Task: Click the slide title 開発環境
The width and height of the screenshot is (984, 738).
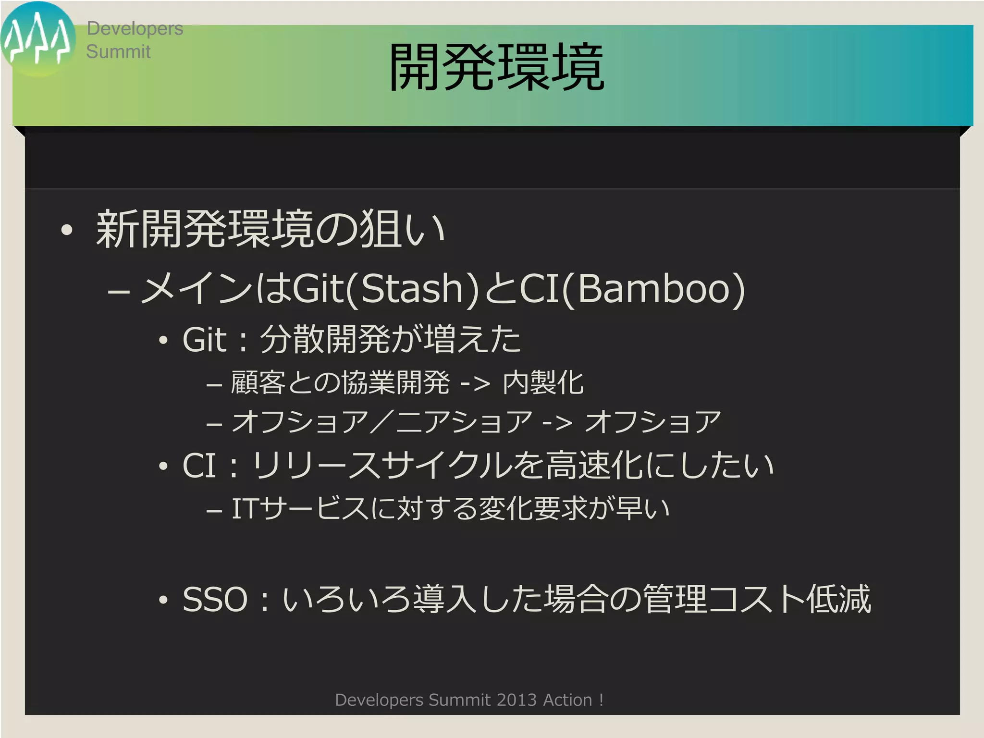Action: click(x=496, y=67)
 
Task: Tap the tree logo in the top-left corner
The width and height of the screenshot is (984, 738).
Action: click(x=37, y=39)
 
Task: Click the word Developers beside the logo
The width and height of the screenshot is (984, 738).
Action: click(x=135, y=29)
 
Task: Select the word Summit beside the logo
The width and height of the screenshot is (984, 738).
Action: click(x=118, y=51)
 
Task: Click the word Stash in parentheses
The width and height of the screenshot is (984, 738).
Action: click(x=412, y=288)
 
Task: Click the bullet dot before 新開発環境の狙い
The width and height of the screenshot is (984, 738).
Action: click(x=67, y=230)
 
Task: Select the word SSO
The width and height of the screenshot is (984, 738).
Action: click(x=215, y=599)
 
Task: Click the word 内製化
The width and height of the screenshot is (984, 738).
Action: click(x=543, y=383)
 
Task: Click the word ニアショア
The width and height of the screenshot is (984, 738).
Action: click(x=464, y=421)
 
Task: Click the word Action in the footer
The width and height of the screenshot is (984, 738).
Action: click(x=567, y=700)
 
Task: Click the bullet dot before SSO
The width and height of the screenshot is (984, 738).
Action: click(x=164, y=600)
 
